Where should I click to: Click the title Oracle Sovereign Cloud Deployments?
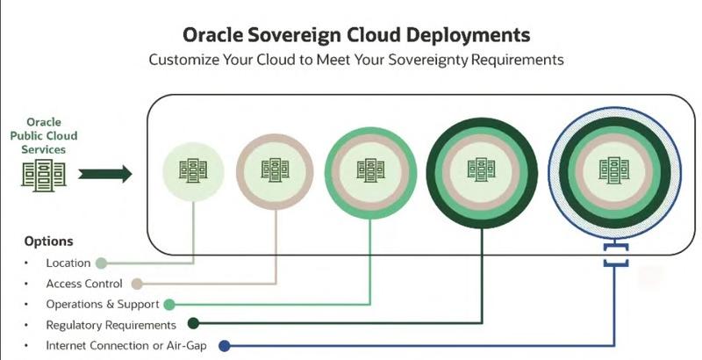pos(356,35)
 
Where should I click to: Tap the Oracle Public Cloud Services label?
pos(44,136)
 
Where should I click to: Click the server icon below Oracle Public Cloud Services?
pos(44,174)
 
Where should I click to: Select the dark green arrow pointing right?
pos(105,174)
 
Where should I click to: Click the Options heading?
pos(48,241)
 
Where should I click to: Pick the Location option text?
pos(68,263)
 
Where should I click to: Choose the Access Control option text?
pos(83,284)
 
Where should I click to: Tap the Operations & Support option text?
pos(103,305)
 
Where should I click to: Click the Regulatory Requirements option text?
pos(111,325)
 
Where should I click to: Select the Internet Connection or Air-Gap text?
pos(126,346)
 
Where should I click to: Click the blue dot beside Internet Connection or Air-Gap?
pos(225,346)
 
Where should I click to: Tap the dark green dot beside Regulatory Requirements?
pos(193,323)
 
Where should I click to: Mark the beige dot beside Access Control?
pos(138,284)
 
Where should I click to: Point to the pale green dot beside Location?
pos(101,263)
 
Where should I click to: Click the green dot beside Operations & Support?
pos(168,305)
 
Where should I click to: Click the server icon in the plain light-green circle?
pos(193,170)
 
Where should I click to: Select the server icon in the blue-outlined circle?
pos(613,169)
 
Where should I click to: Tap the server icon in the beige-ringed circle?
pos(275,170)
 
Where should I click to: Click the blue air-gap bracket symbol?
pos(615,255)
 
